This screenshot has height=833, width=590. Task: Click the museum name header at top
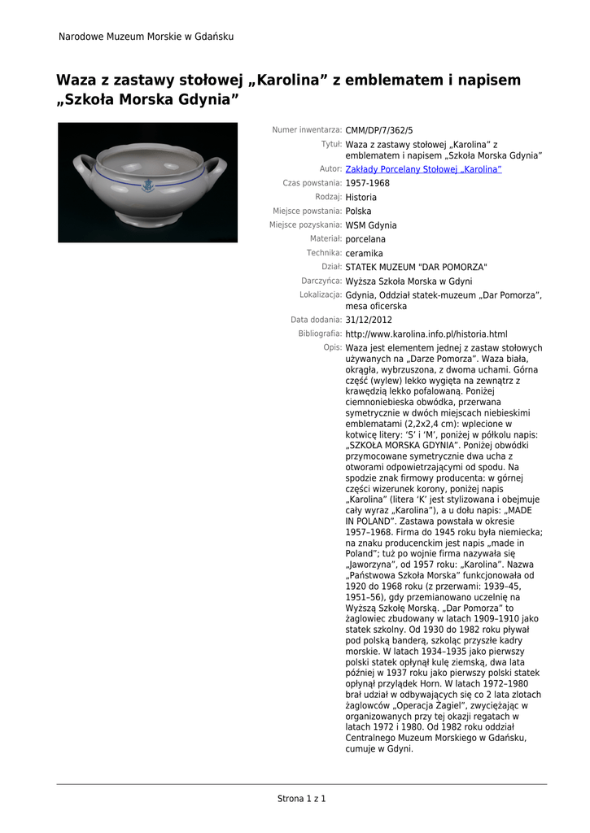pyautogui.click(x=146, y=37)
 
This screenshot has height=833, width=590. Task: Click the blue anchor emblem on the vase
pyautogui.click(x=148, y=186)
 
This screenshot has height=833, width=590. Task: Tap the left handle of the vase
pyautogui.click(x=84, y=168)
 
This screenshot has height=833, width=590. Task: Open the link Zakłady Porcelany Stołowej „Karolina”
pyautogui.click(x=423, y=169)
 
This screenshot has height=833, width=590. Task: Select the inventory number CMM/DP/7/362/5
pyautogui.click(x=379, y=130)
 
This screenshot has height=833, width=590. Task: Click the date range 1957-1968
pyautogui.click(x=367, y=184)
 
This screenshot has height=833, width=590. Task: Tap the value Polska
pyautogui.click(x=359, y=212)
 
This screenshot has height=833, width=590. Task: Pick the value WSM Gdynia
pyautogui.click(x=371, y=225)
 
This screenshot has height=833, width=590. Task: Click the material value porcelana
pyautogui.click(x=365, y=240)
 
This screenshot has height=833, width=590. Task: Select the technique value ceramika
pyautogui.click(x=364, y=254)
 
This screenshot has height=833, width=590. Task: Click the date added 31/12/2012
pyautogui.click(x=368, y=320)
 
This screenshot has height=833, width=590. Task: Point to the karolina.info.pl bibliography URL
pyautogui.click(x=426, y=334)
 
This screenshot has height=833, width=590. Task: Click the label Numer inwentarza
pyautogui.click(x=307, y=130)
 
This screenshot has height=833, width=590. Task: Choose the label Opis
pyautogui.click(x=332, y=347)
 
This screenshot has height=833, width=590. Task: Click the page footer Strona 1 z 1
pyautogui.click(x=301, y=799)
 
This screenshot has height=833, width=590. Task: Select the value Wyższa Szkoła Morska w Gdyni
pyautogui.click(x=409, y=281)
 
